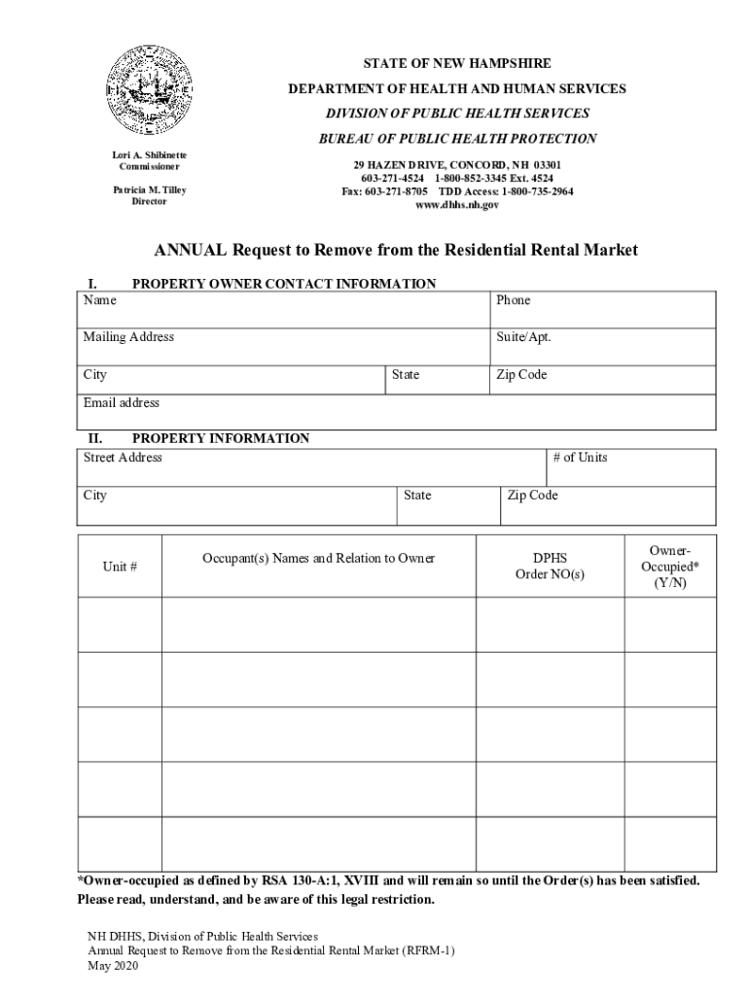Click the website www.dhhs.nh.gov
457,205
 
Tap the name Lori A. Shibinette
149,154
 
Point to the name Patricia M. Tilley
149,189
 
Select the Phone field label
513,300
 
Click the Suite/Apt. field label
523,337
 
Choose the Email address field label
121,402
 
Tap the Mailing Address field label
128,337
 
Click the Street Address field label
123,457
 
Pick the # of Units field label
580,457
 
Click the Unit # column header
120,566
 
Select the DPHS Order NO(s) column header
550,566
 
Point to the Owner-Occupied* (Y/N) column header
670,566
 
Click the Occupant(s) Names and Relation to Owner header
318,558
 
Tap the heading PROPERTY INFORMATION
220,438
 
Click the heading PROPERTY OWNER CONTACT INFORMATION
284,284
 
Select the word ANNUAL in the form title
190,250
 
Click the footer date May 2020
114,967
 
